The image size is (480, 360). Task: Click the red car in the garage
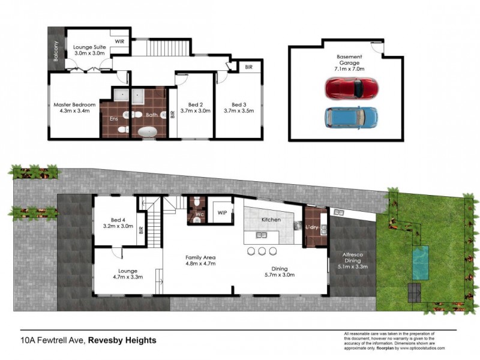(x=352, y=89)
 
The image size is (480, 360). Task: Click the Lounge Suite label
(x=89, y=50)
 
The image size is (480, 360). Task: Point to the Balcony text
(x=56, y=52)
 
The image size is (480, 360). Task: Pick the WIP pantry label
(x=222, y=212)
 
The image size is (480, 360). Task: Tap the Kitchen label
(x=271, y=220)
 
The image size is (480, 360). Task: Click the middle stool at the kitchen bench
(x=262, y=251)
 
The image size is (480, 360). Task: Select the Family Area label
(x=199, y=260)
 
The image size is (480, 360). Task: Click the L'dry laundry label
(x=312, y=228)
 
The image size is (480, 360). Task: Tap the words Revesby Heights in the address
(x=122, y=340)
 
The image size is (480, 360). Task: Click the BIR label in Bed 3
(x=248, y=68)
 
